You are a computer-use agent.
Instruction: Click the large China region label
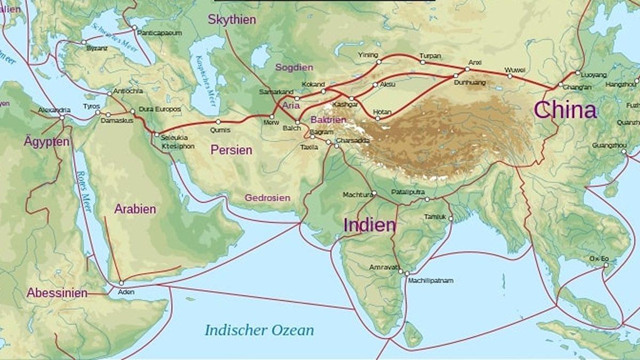(565, 110)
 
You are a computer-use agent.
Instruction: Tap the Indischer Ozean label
(259, 330)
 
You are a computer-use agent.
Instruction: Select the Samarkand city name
(276, 92)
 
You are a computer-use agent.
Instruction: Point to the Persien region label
(231, 150)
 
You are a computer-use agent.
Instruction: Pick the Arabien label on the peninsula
(135, 209)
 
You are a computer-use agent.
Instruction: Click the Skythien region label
(231, 20)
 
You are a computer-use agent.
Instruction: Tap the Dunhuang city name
(469, 83)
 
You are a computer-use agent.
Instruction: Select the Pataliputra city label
(407, 191)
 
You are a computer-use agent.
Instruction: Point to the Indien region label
(370, 225)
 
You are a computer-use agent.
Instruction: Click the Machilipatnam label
(430, 280)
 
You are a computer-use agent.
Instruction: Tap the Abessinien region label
(57, 293)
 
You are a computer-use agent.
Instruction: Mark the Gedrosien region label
(267, 198)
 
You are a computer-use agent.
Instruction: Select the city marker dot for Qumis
(218, 122)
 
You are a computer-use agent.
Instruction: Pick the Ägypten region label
(46, 142)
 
